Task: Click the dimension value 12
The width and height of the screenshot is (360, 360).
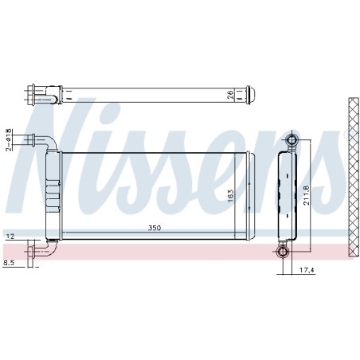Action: tap(10, 237)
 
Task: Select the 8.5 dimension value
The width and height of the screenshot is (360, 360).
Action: tap(9, 262)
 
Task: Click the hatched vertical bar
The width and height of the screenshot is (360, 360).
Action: tap(353, 177)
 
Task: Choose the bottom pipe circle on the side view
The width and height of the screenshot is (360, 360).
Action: tap(284, 253)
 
